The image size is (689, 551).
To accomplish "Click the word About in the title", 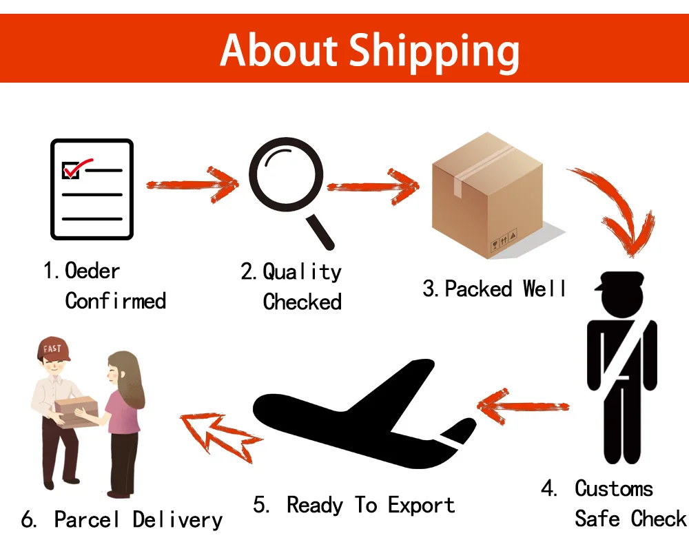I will [x=278, y=50].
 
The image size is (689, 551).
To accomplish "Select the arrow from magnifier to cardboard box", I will [x=372, y=185].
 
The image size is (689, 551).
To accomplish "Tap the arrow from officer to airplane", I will [x=524, y=406].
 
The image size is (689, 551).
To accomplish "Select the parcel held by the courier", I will [x=77, y=412].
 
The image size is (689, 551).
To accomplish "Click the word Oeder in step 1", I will [x=92, y=271].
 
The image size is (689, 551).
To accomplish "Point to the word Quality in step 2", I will [x=302, y=271].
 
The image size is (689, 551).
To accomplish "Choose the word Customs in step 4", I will [x=613, y=488].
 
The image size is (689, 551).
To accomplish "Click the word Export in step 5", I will [x=421, y=505].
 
